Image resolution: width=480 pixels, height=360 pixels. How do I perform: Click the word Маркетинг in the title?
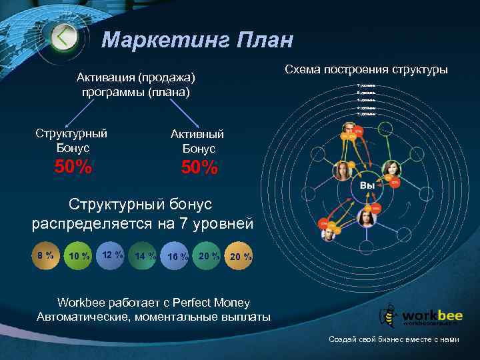(x=158, y=40)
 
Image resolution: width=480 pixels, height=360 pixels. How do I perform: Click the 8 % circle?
(x=46, y=255)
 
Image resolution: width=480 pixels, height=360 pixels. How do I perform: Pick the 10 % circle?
(x=80, y=257)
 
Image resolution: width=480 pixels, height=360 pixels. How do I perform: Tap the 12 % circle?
(x=111, y=255)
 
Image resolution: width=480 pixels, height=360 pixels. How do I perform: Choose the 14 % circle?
(x=144, y=256)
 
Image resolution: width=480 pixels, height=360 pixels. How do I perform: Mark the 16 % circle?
(x=176, y=257)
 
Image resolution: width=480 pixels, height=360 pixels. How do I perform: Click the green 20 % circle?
(x=208, y=255)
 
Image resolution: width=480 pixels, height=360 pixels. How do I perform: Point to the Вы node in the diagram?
(x=367, y=185)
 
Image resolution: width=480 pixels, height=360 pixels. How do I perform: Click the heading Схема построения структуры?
(x=366, y=69)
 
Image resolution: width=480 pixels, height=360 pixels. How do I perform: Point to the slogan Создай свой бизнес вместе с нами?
(x=394, y=339)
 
